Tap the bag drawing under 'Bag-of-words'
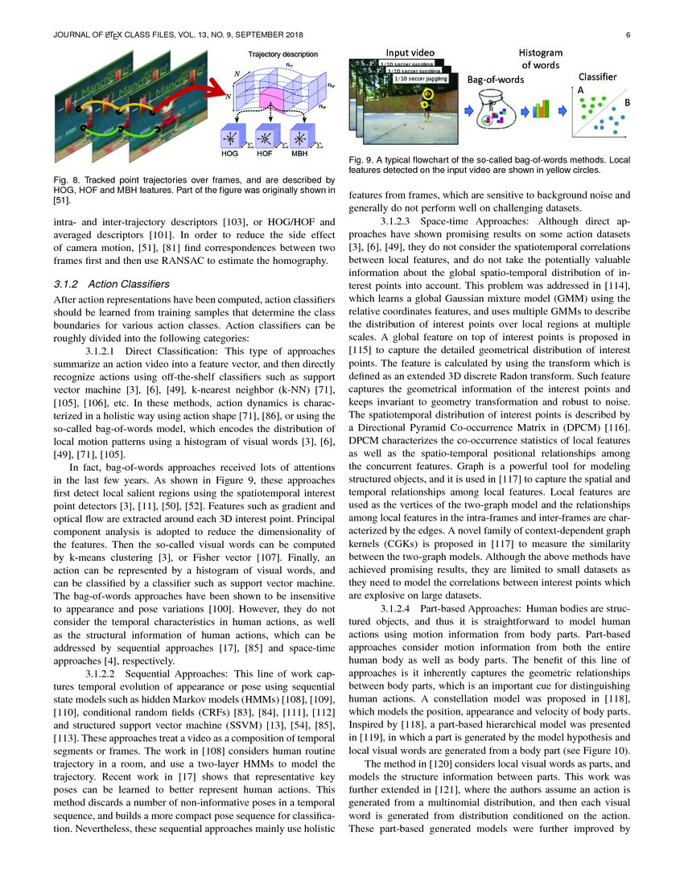[492, 110]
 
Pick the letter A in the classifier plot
[580, 92]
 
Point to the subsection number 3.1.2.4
[406, 608]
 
